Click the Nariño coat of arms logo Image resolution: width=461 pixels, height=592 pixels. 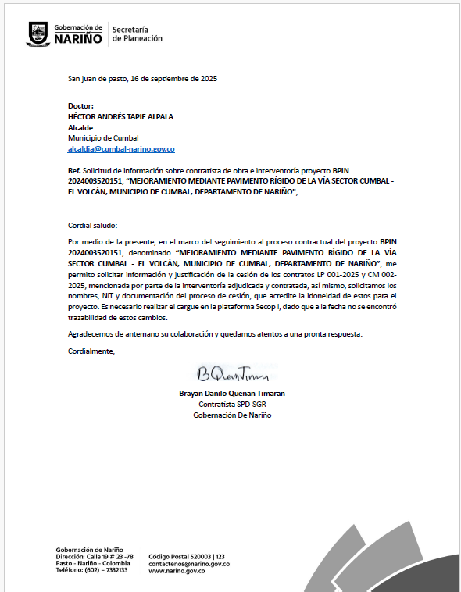click(39, 34)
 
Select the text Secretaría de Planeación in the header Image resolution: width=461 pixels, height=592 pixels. click(138, 34)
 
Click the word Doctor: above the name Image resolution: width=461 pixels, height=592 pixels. click(81, 105)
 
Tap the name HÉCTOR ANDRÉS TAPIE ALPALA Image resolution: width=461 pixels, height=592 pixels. click(121, 116)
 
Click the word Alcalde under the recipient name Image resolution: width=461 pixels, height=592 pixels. click(81, 127)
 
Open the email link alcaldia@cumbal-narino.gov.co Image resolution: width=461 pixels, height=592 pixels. click(121, 148)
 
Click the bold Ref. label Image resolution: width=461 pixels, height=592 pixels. click(75, 170)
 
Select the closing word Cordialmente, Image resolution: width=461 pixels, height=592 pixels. click(91, 351)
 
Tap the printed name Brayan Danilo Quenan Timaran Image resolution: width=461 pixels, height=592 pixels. click(231, 394)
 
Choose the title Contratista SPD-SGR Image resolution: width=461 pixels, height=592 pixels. click(232, 405)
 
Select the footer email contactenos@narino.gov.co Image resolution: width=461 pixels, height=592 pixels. click(188, 563)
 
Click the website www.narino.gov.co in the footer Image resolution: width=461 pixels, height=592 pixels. click(177, 571)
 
